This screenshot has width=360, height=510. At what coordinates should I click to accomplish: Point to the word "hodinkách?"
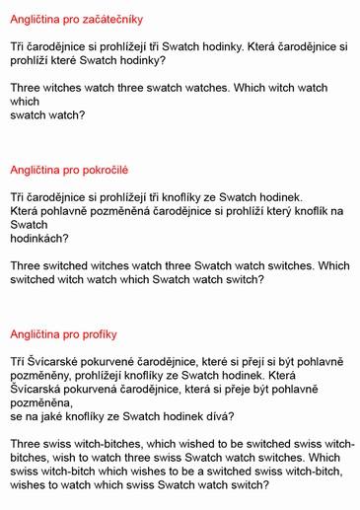39,238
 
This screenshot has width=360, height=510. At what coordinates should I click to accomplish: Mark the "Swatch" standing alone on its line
29,224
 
